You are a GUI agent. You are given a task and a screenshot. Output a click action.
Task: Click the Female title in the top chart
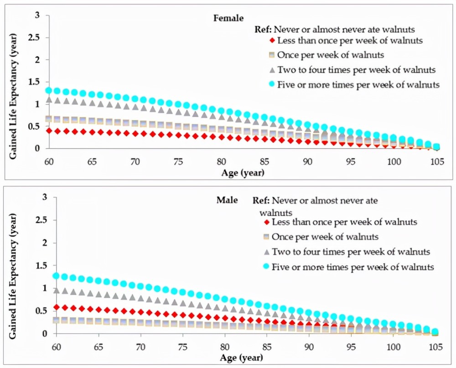[x=228, y=18]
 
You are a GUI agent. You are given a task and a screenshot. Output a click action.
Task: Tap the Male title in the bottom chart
[x=227, y=200]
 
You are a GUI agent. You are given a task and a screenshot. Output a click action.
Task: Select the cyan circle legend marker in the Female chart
[x=272, y=84]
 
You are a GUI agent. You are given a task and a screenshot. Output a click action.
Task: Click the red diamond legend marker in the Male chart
[x=266, y=222]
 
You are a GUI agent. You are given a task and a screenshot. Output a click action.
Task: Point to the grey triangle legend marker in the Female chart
[x=272, y=70]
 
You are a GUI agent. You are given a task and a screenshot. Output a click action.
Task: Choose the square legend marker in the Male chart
[x=266, y=237]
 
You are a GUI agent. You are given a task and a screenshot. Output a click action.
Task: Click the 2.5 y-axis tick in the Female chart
[x=33, y=37]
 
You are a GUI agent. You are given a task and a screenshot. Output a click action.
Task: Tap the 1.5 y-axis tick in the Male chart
[x=41, y=266]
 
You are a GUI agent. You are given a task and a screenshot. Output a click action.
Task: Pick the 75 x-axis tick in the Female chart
[x=178, y=161]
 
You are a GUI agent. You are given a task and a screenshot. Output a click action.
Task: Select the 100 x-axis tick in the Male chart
[x=393, y=347]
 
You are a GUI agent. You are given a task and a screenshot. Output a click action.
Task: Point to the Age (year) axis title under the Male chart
[x=241, y=357]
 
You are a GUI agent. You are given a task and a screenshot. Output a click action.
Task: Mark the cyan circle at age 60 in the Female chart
[x=49, y=90]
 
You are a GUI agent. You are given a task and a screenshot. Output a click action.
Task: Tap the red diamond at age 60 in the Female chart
[x=49, y=131]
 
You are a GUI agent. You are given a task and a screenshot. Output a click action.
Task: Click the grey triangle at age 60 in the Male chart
[x=57, y=290]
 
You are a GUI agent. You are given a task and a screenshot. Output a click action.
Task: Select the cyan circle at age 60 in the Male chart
[x=57, y=275]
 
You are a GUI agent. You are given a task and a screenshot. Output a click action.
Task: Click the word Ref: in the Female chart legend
[x=263, y=29]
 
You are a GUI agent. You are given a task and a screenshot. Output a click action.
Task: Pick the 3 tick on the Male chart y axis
[x=45, y=197]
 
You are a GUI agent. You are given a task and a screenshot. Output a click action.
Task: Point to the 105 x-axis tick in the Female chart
[x=437, y=161]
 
